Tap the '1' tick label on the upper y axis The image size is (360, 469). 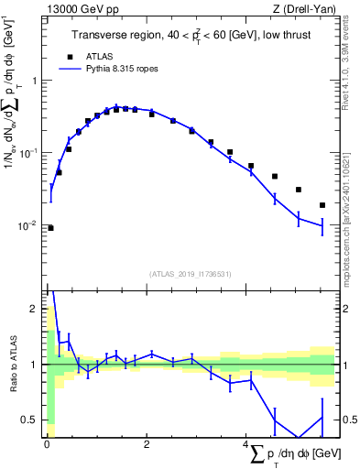pos(35,81)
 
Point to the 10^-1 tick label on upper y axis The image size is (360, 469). pos(29,153)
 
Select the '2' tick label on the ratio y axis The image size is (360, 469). pos(35,309)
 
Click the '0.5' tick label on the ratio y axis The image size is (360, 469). pos(30,420)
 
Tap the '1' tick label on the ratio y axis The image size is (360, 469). pos(35,365)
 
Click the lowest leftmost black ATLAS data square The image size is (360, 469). pos(50,228)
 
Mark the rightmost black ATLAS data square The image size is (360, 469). pos(322,205)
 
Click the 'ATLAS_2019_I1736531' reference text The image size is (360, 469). pos(191,274)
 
